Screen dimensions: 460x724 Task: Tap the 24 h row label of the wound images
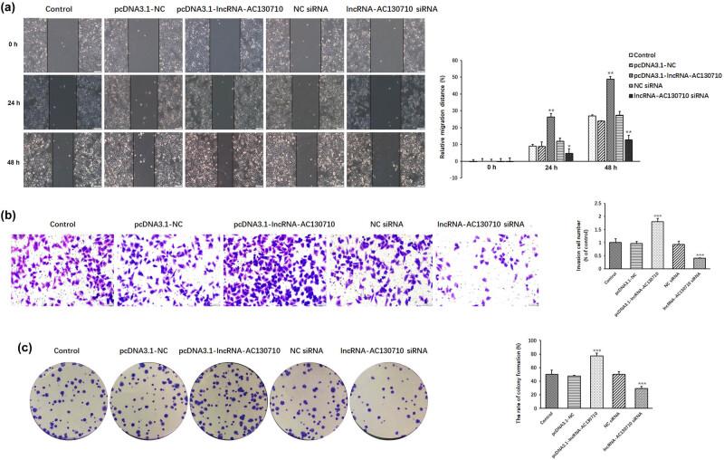pos(10,97)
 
